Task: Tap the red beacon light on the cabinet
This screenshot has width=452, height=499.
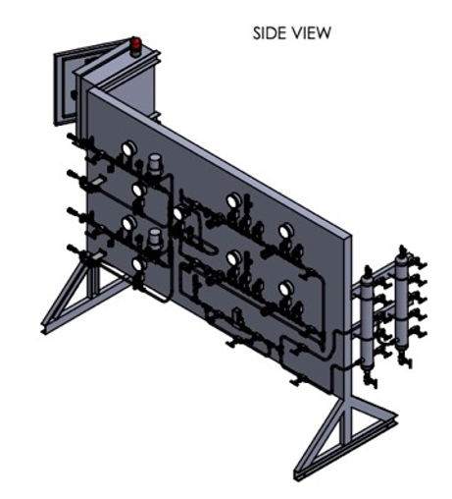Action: [x=136, y=44]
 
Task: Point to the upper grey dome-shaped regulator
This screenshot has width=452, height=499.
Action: [x=154, y=163]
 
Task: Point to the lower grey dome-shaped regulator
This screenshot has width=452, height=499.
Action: [x=154, y=237]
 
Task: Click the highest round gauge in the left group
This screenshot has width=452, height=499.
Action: [x=128, y=148]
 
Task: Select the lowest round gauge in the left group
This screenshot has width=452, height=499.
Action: [x=139, y=264]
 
